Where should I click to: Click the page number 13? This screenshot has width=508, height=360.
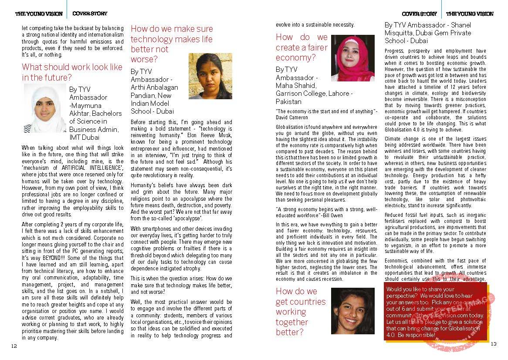493,344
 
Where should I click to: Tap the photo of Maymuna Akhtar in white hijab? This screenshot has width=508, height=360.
45,108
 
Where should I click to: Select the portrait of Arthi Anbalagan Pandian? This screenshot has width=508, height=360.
210,76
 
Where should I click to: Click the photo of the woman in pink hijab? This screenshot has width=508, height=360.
352,58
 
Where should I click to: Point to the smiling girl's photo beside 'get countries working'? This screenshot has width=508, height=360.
352,310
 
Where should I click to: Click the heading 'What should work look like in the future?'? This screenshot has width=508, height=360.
72,72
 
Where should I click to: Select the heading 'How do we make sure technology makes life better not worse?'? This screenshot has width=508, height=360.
171,44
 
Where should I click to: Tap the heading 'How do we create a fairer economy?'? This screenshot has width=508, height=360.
301,47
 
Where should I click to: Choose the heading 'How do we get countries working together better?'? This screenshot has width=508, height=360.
300,312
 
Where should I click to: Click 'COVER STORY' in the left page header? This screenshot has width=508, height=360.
90,14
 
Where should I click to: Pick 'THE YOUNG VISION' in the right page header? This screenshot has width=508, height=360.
470,14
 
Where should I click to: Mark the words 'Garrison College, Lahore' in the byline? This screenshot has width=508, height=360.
314,94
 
